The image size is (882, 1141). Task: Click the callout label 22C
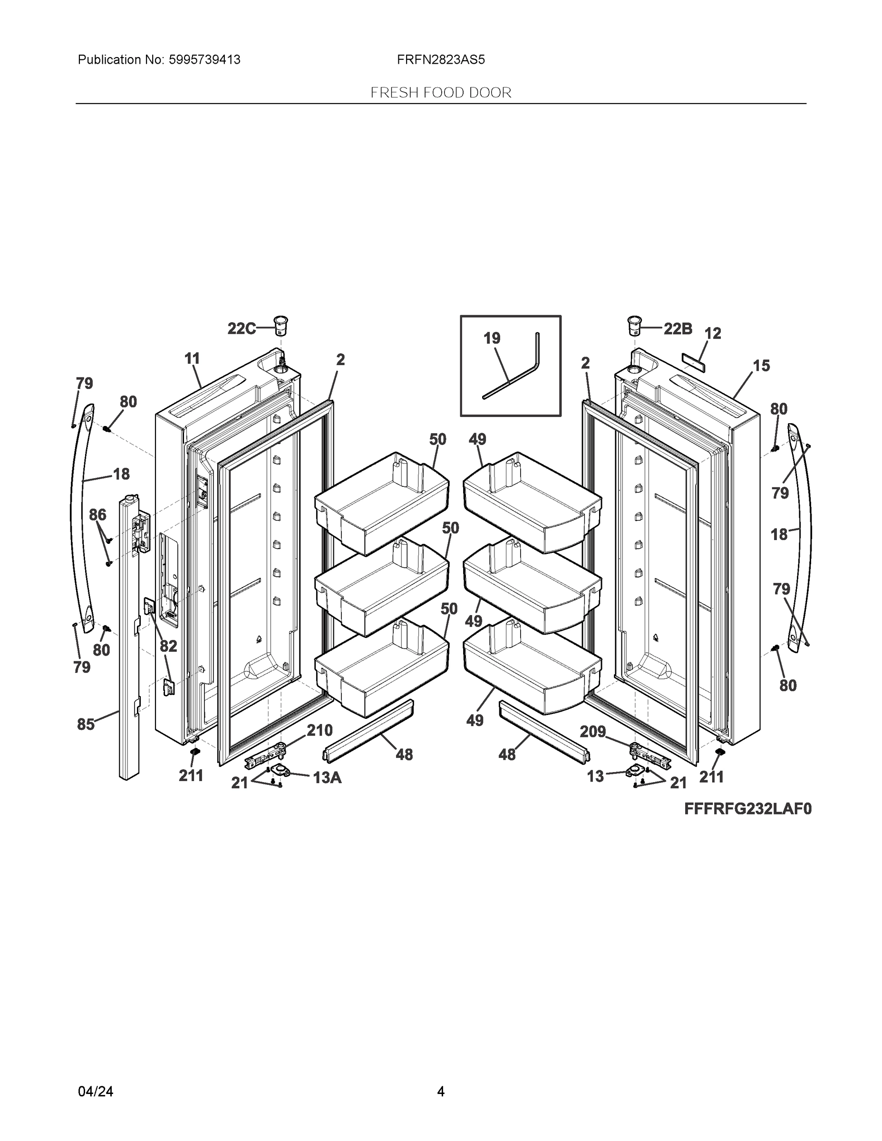pos(241,329)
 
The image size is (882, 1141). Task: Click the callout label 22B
pos(678,329)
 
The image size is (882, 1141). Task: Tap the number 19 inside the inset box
pos(492,338)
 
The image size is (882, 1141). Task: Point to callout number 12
pos(713,333)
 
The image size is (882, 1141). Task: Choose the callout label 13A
pos(327,778)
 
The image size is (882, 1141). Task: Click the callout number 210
pos(319,730)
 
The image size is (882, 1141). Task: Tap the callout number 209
pos(592,731)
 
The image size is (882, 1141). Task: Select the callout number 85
pos(86,724)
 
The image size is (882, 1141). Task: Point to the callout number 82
pos(168,646)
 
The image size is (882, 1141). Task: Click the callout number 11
pos(192,358)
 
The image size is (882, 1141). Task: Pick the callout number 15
pos(761,366)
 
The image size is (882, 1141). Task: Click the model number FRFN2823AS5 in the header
pos(440,60)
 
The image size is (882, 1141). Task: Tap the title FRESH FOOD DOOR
pos(440,93)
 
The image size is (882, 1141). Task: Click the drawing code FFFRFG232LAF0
pos(748,809)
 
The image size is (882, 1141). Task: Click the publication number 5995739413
pos(204,60)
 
